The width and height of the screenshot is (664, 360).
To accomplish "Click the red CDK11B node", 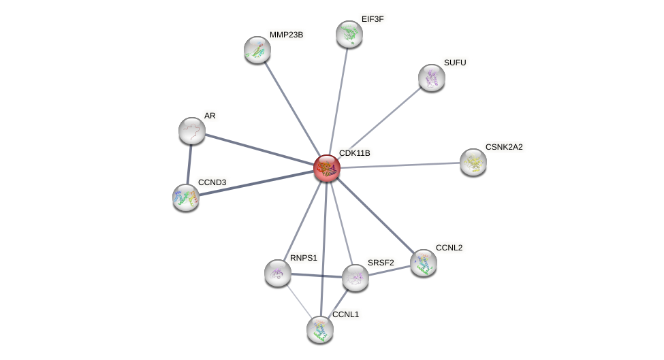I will (x=327, y=168).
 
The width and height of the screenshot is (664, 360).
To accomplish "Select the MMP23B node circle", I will (x=257, y=50).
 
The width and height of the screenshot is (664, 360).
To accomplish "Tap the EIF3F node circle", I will (x=349, y=34).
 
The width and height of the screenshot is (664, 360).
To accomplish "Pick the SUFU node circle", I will (x=431, y=78).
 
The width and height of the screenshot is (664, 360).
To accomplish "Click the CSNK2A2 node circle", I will (x=473, y=162).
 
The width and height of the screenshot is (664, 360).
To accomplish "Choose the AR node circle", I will (x=192, y=131).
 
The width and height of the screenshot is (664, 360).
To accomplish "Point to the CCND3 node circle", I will (x=186, y=197).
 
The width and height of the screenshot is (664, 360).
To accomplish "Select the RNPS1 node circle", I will (x=278, y=273).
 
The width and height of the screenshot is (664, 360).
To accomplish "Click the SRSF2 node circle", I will (x=355, y=278).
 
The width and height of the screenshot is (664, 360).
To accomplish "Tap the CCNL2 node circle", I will (x=424, y=263).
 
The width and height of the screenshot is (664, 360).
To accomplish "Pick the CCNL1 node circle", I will (x=320, y=329).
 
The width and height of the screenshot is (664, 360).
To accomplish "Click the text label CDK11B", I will (x=354, y=153).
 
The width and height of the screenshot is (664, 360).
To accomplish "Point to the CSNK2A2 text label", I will (x=504, y=147).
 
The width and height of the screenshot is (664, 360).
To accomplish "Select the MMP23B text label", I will (x=286, y=35).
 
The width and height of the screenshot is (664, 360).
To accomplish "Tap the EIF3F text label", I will (x=372, y=19).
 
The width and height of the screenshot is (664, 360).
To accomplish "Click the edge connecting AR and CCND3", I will (x=189, y=164).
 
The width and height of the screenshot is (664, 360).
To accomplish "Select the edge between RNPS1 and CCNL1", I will (x=298, y=301).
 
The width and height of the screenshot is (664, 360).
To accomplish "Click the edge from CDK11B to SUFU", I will (x=379, y=122).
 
